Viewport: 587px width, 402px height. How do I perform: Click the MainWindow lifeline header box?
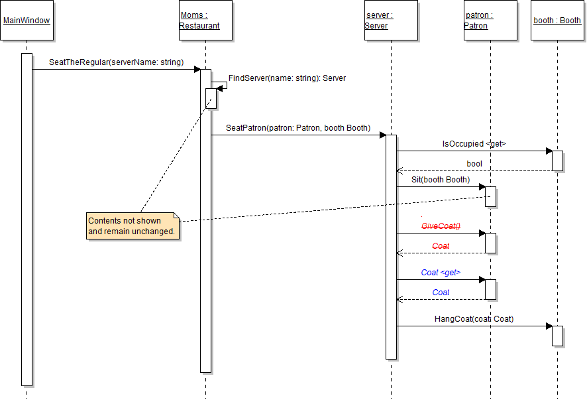[x=27, y=21]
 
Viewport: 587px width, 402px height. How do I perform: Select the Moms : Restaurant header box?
[x=205, y=21]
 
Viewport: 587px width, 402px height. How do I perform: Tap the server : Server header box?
[x=391, y=21]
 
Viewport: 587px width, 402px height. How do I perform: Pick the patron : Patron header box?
[x=490, y=21]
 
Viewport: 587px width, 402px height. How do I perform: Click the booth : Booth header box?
[x=557, y=21]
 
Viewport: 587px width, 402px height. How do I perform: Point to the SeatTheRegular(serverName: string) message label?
[x=116, y=62]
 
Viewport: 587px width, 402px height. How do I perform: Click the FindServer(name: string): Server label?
[x=287, y=78]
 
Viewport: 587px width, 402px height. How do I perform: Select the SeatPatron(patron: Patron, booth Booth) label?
[x=298, y=127]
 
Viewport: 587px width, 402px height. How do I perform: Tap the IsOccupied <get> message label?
[x=474, y=143]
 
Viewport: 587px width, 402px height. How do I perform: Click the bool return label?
[x=474, y=163]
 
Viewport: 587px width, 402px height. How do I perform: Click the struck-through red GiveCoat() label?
[x=441, y=226]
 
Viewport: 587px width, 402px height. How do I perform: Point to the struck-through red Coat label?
[x=441, y=246]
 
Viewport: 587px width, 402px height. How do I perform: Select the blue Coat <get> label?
[x=441, y=273]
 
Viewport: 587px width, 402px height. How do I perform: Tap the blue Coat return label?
[x=441, y=293]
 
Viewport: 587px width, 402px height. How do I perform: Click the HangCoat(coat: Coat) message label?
[x=474, y=319]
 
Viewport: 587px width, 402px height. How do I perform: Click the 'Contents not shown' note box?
[x=133, y=226]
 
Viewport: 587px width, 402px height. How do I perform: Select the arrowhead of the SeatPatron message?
[x=382, y=135]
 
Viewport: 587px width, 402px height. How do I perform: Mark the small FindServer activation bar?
[x=211, y=98]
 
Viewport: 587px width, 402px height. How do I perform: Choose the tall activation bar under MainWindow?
[x=27, y=219]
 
